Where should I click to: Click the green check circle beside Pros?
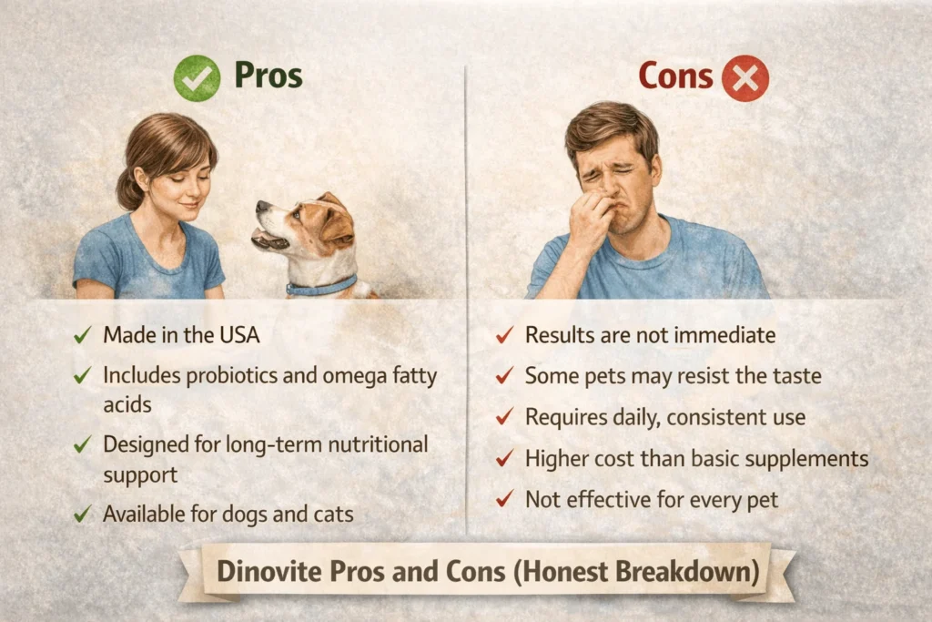tap(197, 77)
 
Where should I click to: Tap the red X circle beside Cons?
tap(745, 78)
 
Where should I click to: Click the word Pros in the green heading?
tap(268, 76)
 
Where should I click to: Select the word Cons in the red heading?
tap(675, 76)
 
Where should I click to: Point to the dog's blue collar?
tap(320, 286)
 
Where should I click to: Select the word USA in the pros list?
tap(238, 335)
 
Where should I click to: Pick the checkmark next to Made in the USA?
tap(83, 335)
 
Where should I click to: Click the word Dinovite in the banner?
tap(262, 572)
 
